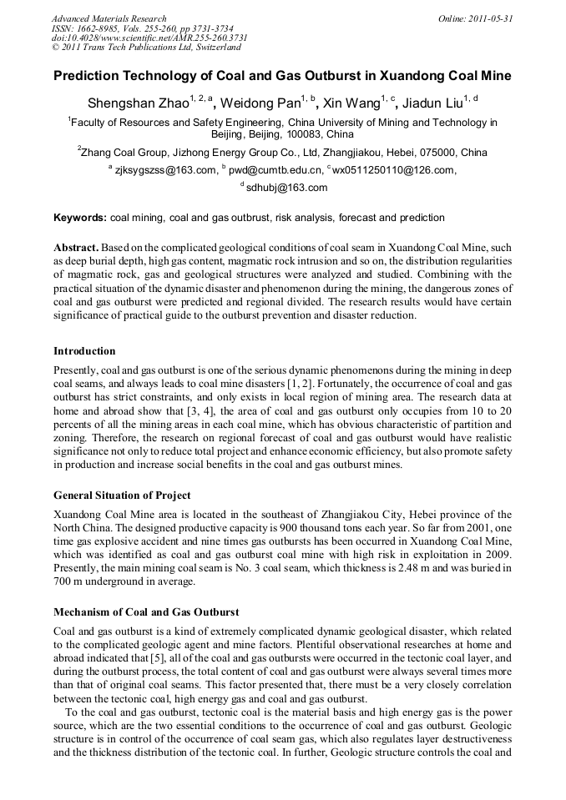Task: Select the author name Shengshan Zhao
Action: click(137, 104)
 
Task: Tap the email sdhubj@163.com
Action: click(286, 188)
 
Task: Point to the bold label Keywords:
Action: click(80, 219)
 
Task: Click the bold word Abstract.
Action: click(77, 249)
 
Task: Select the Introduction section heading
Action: click(84, 351)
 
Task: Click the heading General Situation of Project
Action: click(122, 496)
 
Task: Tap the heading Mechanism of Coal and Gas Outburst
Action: click(146, 612)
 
